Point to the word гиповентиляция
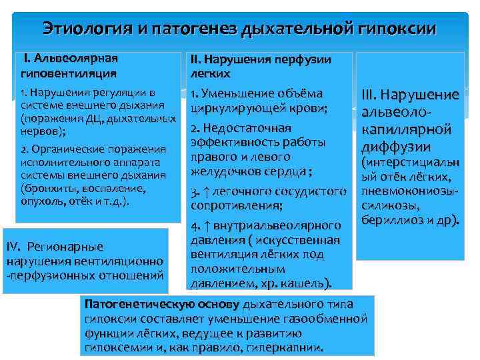[69, 71]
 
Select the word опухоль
[40, 201]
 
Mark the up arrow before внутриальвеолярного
[205, 226]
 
